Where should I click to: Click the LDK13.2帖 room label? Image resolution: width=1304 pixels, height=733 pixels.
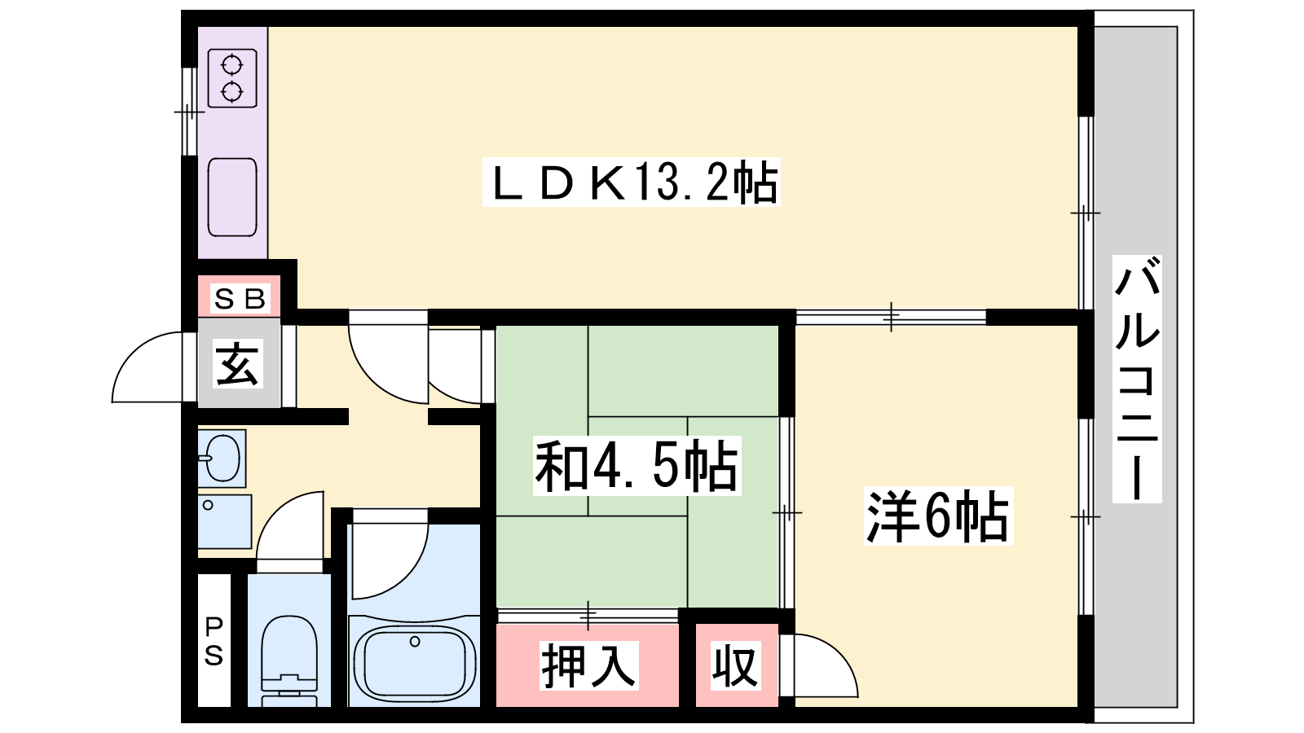(x=632, y=182)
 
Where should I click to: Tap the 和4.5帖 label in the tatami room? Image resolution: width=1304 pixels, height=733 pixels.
(x=637, y=465)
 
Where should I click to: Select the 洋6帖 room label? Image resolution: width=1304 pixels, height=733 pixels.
(x=938, y=516)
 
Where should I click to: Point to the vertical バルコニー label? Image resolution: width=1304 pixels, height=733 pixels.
(x=1137, y=379)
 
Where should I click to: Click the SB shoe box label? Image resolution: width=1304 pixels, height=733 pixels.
(x=240, y=299)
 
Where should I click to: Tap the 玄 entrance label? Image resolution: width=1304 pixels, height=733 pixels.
(x=237, y=364)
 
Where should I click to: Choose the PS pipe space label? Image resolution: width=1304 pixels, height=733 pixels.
(x=214, y=641)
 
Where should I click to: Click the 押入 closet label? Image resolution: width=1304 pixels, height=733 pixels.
(x=588, y=665)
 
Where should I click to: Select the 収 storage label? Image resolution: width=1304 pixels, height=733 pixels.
(x=735, y=665)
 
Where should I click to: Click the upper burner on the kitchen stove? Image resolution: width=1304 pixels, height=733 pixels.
(x=232, y=64)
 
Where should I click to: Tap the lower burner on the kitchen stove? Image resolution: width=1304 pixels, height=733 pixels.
(x=232, y=91)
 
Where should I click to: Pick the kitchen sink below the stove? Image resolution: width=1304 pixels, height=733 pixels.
(x=232, y=197)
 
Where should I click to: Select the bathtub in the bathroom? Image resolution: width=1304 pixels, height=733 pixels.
(x=414, y=661)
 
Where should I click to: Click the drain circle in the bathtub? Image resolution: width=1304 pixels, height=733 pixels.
(x=415, y=642)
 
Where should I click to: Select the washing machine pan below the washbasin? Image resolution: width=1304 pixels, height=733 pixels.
(x=225, y=521)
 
